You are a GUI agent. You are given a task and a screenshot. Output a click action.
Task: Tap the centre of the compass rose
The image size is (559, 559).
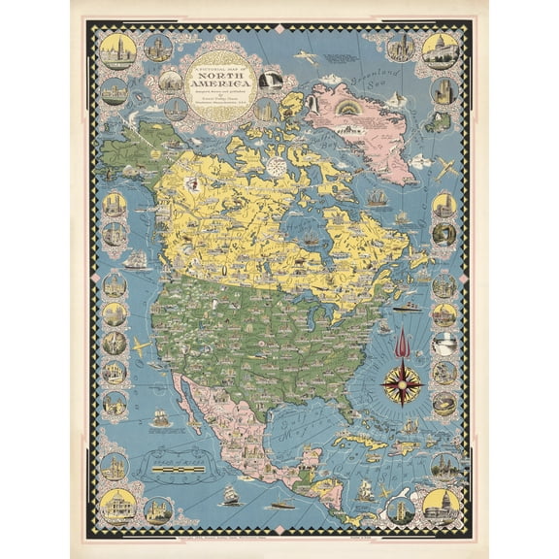click(x=401, y=381)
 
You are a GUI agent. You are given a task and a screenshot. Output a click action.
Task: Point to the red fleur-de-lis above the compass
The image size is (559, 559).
click(x=401, y=342)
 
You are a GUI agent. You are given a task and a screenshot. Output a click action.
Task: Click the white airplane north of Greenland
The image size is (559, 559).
click(x=307, y=56)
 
